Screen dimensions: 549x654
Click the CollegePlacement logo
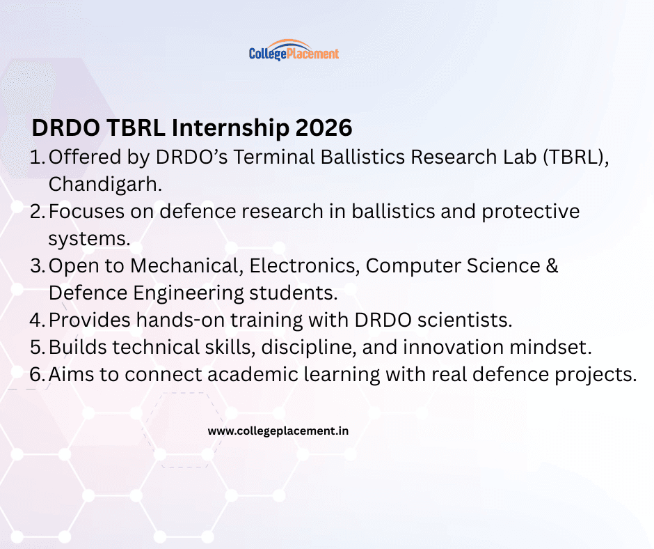point(294,51)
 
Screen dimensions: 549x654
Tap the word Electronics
point(304,265)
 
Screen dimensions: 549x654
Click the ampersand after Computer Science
point(552,265)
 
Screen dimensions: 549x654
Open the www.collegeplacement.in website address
point(278,431)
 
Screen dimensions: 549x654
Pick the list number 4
point(37,320)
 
